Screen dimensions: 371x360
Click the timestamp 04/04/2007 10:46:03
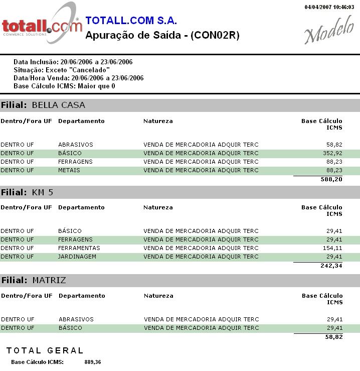coord(329,8)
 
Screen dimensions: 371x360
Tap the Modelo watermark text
coord(328,33)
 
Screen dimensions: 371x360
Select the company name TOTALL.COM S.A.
coord(131,21)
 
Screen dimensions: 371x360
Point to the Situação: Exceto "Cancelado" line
coord(62,70)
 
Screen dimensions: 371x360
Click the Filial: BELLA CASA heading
coord(43,105)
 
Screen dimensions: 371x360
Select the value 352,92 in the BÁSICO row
coord(332,153)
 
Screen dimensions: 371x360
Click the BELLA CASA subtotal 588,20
coord(331,179)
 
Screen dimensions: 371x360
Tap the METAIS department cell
coord(69,170)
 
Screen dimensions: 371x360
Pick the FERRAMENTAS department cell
coord(79,248)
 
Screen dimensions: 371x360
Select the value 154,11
coord(332,248)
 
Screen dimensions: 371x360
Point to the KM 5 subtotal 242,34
coord(331,266)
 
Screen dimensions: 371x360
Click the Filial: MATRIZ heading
coord(34,280)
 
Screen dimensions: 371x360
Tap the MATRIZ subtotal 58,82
coord(334,337)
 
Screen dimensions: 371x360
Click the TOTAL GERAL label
coord(45,350)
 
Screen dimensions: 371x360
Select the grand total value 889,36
coord(92,362)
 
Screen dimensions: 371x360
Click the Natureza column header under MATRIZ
coord(158,296)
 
